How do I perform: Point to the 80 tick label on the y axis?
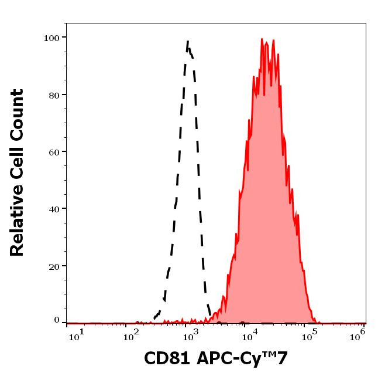54,94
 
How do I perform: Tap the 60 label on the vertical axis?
54,151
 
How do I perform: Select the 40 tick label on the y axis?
54,208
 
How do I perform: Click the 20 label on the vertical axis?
54,265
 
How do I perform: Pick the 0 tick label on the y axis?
57,320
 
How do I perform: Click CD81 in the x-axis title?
167,358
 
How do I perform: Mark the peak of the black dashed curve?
188,41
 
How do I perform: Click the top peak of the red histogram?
263,39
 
